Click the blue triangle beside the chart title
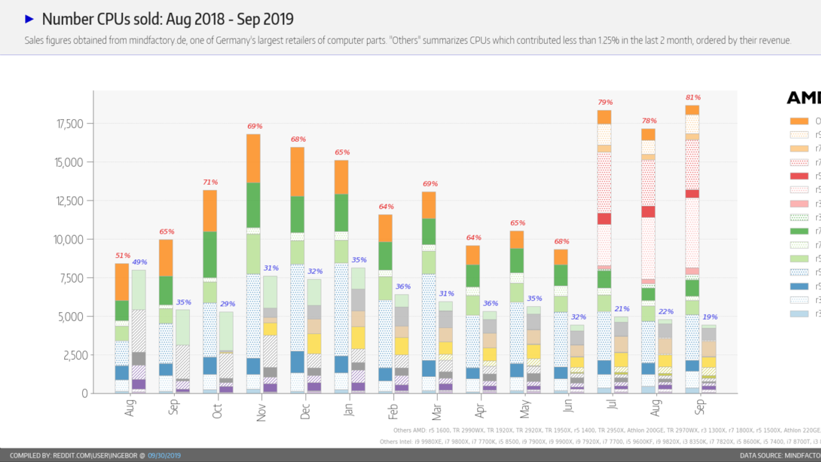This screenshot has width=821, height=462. [29, 19]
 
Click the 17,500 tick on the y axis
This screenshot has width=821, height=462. [70, 124]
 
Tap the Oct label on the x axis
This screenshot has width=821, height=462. [217, 411]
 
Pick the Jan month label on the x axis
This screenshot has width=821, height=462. [349, 409]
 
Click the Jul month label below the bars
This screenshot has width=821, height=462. [611, 404]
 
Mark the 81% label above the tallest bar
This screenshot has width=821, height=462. [693, 98]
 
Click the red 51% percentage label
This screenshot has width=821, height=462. [123, 256]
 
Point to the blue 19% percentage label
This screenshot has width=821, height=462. [710, 317]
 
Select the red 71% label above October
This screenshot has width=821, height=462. [210, 182]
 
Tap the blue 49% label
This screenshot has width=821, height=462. [140, 262]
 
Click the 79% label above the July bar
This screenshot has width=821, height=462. [605, 102]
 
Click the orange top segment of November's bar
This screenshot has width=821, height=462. [253, 159]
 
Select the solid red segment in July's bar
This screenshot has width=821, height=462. [604, 219]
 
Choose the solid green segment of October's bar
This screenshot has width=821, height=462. [210, 255]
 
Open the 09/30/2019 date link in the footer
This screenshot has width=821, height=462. [164, 455]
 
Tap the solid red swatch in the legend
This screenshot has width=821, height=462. [799, 176]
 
